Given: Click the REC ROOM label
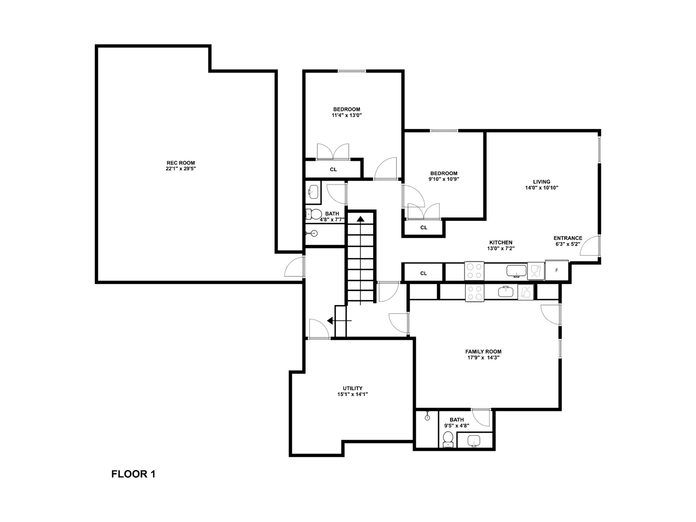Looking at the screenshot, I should click(x=181, y=163).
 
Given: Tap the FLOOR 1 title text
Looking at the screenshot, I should click(x=133, y=474).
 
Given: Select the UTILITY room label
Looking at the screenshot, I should click(x=353, y=388).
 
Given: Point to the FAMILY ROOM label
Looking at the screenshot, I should click(x=483, y=351).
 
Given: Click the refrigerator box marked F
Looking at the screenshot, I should click(x=556, y=271).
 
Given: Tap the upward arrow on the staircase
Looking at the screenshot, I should click(x=360, y=219).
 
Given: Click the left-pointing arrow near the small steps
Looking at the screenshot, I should click(x=330, y=320).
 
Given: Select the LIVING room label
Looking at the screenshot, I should click(x=541, y=182).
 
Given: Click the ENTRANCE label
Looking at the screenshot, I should click(x=568, y=238).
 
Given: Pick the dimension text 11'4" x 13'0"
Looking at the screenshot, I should click(x=347, y=115).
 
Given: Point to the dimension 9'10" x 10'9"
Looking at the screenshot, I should click(x=444, y=179).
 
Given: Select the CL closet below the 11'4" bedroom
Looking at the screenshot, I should click(x=333, y=170).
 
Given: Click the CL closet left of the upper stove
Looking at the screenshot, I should click(x=423, y=273).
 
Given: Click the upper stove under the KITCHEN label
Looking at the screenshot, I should click(x=474, y=271).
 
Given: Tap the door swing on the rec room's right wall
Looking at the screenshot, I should click(x=295, y=268).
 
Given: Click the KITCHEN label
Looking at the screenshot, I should click(x=501, y=243).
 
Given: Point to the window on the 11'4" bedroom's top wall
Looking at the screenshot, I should click(x=352, y=71).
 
